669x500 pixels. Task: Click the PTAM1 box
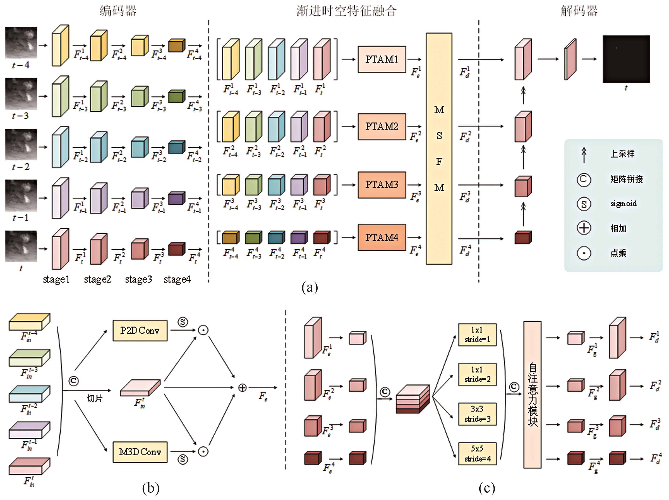(382, 59)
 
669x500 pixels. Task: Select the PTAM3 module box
(382, 185)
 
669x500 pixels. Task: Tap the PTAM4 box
(382, 238)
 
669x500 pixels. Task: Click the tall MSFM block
(439, 149)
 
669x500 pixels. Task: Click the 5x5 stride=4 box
(477, 454)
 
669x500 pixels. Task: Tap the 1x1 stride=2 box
(477, 374)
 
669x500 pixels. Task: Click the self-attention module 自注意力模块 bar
(532, 395)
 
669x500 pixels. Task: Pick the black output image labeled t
(626, 59)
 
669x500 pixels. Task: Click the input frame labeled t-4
(21, 42)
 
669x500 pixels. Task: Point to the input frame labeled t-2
(21, 144)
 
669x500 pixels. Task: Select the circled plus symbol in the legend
(584, 228)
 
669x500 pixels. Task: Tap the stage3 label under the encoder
(138, 279)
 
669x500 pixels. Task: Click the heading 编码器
(118, 11)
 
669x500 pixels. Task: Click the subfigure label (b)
(151, 488)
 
